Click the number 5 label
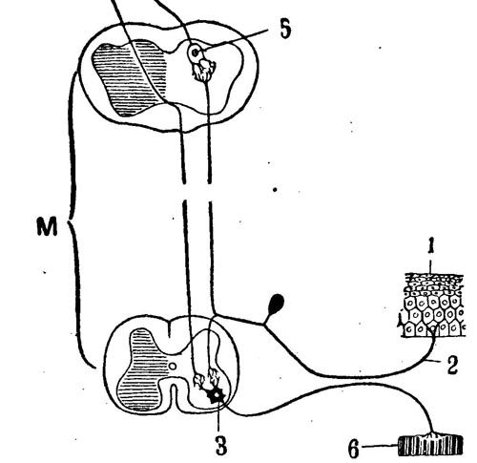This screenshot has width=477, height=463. [x=285, y=30]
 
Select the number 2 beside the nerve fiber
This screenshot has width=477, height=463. [x=452, y=365]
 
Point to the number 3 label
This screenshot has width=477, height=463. [x=221, y=444]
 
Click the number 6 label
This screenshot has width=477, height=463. [x=354, y=449]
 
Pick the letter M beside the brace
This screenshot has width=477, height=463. [x=47, y=226]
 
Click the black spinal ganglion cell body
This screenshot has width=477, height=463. [x=276, y=304]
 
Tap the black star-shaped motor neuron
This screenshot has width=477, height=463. [x=216, y=395]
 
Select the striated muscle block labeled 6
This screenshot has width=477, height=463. [x=430, y=445]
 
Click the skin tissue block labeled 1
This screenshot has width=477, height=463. [x=434, y=305]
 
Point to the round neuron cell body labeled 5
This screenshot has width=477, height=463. [x=195, y=53]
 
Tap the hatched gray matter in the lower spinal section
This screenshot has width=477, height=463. [x=142, y=369]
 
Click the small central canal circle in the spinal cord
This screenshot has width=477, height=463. [x=172, y=367]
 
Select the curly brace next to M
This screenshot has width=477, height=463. [x=75, y=220]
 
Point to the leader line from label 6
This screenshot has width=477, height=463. [x=381, y=446]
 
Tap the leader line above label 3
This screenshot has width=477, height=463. [x=218, y=417]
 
